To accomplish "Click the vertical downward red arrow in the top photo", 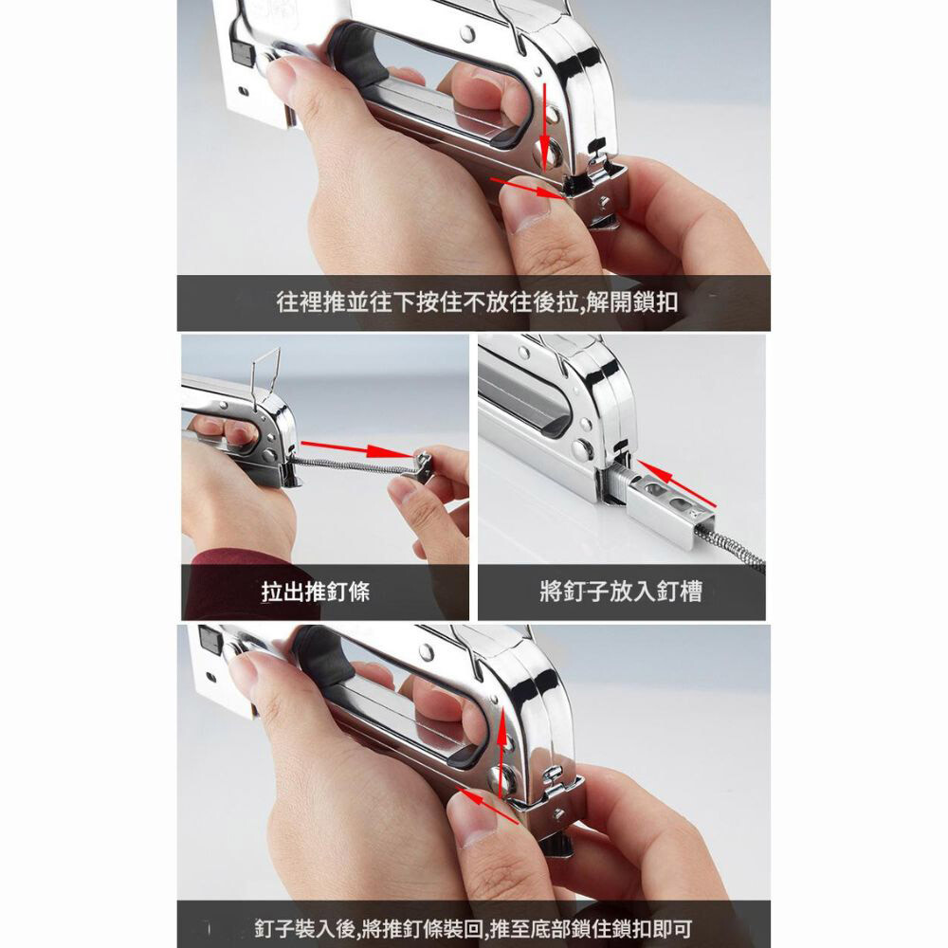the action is [546, 127].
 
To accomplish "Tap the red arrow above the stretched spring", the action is [356, 449].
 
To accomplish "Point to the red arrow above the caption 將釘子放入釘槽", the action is [676, 483].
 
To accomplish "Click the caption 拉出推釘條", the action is [315, 592].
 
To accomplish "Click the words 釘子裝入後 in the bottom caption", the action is [304, 928].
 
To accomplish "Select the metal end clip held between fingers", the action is [422, 467].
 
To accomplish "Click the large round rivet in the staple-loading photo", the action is [582, 448].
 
